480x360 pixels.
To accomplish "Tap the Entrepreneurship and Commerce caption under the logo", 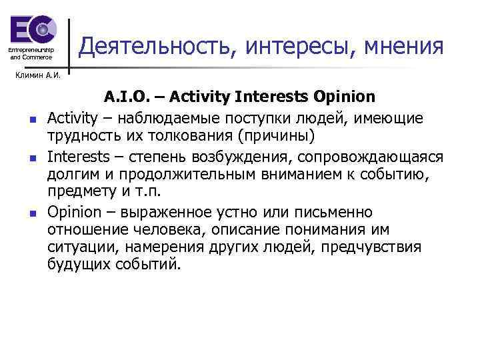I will (x=32, y=54).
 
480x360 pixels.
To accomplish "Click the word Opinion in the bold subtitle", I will (x=343, y=97).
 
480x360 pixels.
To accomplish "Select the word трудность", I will (x=83, y=136).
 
